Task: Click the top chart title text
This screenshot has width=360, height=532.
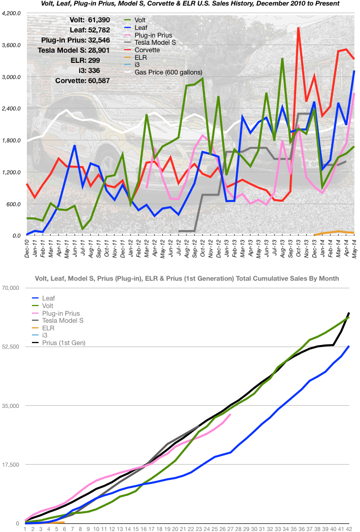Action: click(190, 4)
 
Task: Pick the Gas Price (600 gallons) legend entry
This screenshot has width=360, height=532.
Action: click(168, 72)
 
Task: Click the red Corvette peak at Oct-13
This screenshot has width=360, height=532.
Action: click(299, 28)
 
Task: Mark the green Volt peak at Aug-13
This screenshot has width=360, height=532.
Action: click(282, 59)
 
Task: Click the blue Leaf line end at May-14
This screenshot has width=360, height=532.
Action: click(354, 71)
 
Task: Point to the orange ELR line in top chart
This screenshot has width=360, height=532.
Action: click(335, 232)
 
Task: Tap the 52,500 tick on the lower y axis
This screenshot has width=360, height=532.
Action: click(11, 347)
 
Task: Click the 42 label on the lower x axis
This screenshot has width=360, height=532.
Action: click(349, 528)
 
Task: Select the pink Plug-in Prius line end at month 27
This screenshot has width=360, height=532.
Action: click(231, 414)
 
